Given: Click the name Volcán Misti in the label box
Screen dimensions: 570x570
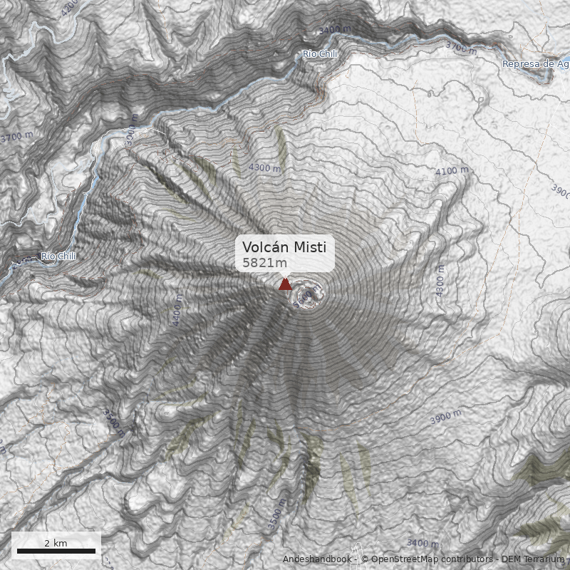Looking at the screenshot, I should pyautogui.click(x=284, y=247).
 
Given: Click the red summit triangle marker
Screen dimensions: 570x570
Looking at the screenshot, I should pyautogui.click(x=285, y=284).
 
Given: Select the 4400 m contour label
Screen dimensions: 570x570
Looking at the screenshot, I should pyautogui.click(x=177, y=312).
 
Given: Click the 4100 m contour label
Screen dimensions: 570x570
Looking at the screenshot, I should pyautogui.click(x=452, y=171).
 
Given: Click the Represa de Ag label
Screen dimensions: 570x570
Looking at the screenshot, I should pyautogui.click(x=534, y=64).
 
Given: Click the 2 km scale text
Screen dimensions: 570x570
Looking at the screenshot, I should pyautogui.click(x=56, y=543).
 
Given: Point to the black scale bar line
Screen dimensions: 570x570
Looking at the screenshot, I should pyautogui.click(x=56, y=551).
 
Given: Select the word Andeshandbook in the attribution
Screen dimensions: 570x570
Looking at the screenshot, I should pyautogui.click(x=317, y=559).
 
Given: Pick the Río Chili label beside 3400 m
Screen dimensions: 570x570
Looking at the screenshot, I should pyautogui.click(x=319, y=54).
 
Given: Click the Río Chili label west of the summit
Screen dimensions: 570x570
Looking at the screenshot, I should pyautogui.click(x=58, y=256).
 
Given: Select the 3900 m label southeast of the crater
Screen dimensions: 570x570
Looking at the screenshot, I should pyautogui.click(x=445, y=417).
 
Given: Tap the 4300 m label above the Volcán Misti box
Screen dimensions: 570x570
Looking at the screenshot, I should pyautogui.click(x=264, y=167).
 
